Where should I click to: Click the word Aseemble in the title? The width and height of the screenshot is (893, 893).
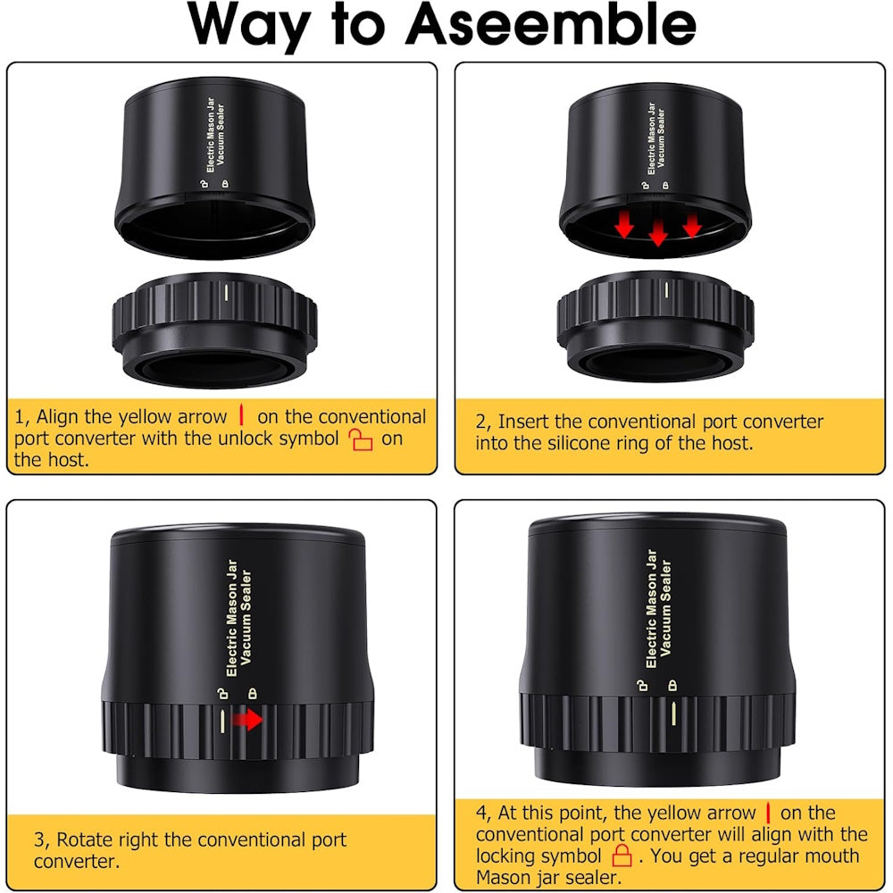tap(551, 24)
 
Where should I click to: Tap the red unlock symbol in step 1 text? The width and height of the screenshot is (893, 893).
tap(361, 439)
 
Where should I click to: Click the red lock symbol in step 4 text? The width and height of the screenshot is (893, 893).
tap(622, 855)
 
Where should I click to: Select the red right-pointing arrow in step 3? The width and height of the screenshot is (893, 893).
tap(247, 719)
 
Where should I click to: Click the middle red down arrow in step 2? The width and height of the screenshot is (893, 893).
tap(658, 232)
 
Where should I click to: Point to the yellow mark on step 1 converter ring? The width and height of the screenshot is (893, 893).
tap(226, 292)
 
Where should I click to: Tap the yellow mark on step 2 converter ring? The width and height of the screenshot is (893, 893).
tap(667, 290)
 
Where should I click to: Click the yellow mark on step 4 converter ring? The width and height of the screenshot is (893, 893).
tap(673, 714)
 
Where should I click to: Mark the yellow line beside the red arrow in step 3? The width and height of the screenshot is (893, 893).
tap(222, 721)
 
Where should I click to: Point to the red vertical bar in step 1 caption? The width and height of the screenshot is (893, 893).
tap(241, 414)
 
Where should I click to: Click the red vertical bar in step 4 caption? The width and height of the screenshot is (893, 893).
tap(768, 812)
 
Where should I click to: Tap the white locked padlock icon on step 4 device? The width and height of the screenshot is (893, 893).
tap(672, 685)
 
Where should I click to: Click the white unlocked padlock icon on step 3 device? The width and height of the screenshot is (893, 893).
tap(222, 693)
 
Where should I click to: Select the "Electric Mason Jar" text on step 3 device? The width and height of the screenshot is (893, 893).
tap(231, 617)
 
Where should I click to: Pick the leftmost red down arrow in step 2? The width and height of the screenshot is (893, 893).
tap(624, 224)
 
